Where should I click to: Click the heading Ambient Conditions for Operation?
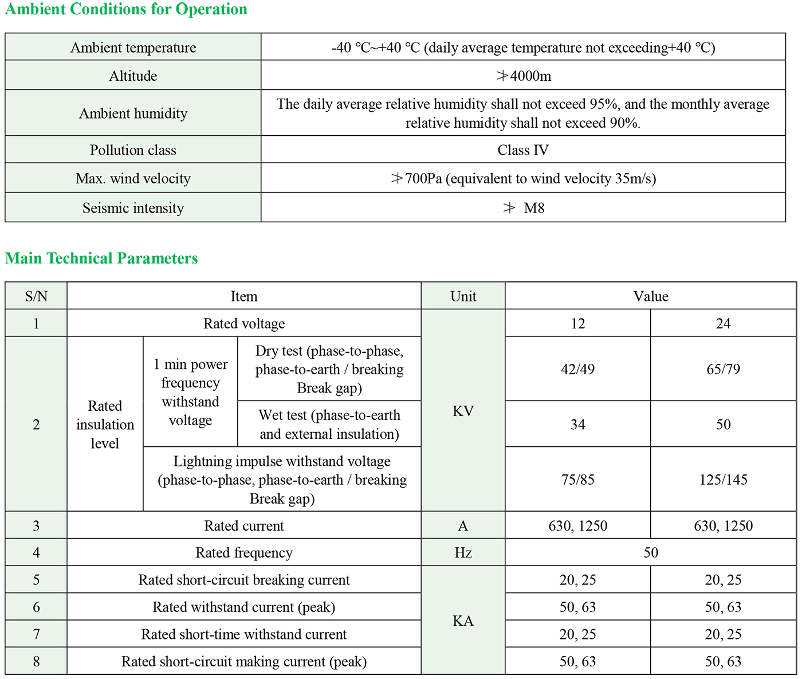point(126,10)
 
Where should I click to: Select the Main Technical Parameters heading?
point(101,258)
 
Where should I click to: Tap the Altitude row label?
point(133,76)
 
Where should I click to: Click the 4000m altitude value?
point(524,76)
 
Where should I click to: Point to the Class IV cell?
point(523,150)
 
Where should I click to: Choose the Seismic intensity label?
point(133,208)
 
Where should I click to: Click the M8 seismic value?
point(524,208)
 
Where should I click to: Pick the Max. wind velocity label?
point(133,178)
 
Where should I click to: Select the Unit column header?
point(463,296)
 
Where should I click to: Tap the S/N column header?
point(36,296)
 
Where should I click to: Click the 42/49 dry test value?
point(577,369)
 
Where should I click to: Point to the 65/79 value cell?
point(723,369)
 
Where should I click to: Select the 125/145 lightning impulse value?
point(723,480)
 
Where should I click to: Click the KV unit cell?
point(463,411)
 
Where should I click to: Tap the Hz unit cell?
point(463,552)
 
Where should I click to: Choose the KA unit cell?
point(463,621)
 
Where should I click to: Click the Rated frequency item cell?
point(244,552)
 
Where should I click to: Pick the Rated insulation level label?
point(105,425)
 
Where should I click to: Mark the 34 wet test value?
point(577,425)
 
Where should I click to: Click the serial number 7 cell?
point(36,634)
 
